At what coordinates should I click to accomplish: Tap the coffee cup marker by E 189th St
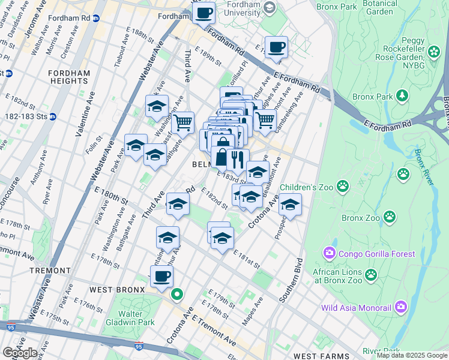(276, 47)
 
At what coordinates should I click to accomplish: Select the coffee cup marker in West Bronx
(161, 277)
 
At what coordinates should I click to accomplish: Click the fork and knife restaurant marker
(238, 160)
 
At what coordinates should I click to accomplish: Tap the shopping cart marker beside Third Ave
(182, 122)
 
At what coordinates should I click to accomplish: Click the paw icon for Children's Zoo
(343, 187)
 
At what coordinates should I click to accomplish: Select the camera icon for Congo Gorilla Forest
(329, 254)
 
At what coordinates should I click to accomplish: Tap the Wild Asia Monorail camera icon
(401, 308)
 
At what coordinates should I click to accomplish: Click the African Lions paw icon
(372, 275)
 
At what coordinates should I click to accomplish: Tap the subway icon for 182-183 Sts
(53, 116)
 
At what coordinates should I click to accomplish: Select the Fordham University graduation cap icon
(270, 8)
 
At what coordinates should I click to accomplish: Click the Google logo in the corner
(19, 352)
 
